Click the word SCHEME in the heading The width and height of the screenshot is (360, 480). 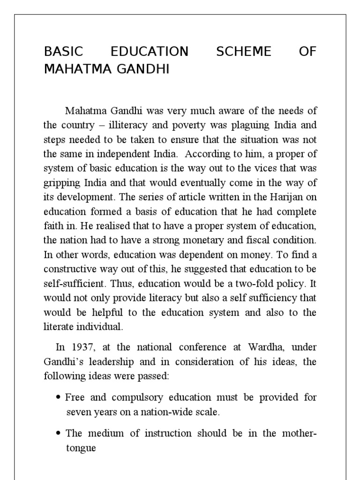243,52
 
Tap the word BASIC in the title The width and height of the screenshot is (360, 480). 62,52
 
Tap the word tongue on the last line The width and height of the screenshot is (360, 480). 81,449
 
